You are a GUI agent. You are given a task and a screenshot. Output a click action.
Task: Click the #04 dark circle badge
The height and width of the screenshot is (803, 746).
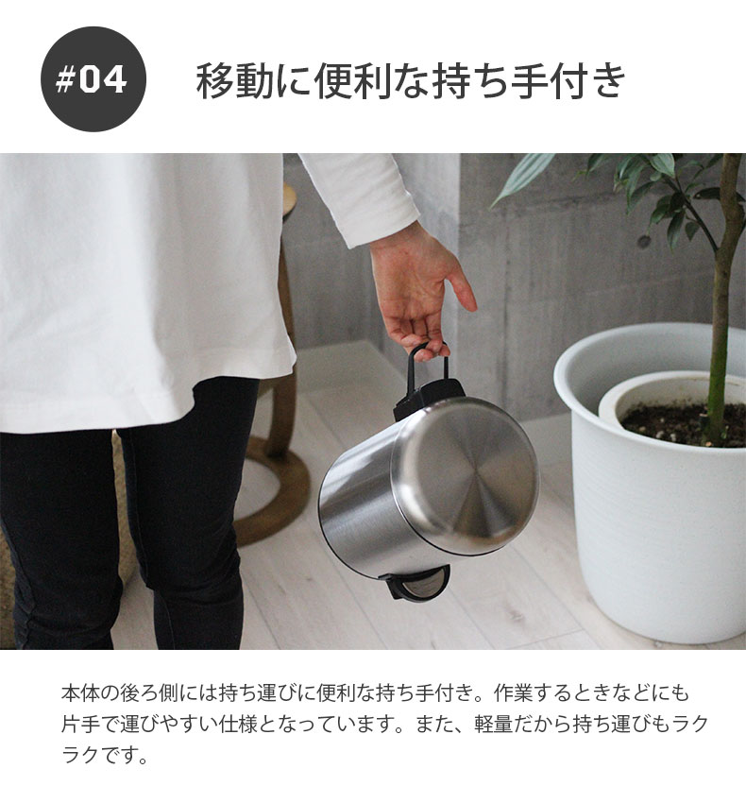click(93, 79)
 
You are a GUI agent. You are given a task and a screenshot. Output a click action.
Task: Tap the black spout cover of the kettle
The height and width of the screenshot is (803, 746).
click(415, 582)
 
